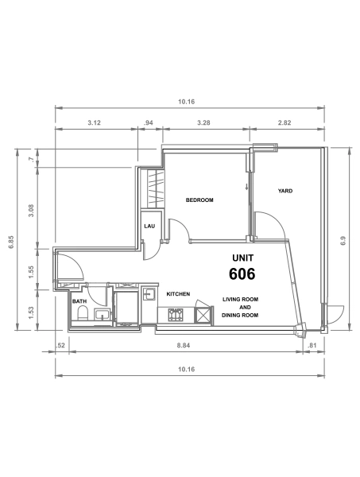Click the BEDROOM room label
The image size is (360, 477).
tap(199, 200)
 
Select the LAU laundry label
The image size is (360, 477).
tap(149, 227)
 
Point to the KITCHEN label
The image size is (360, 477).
tap(178, 294)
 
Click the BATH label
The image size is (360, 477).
tap(79, 302)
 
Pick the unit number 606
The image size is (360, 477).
tap(242, 274)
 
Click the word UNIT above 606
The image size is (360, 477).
tap(242, 258)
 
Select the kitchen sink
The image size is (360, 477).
tap(149, 294)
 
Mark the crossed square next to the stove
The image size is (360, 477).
tap(203, 316)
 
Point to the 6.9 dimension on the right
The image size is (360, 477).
tap(343, 238)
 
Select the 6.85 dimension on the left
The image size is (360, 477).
tap(11, 241)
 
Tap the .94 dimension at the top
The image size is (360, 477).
tap(149, 122)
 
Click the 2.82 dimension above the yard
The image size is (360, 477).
tap(285, 122)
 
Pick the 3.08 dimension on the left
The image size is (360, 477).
tap(31, 210)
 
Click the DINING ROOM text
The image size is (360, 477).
tap(240, 316)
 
